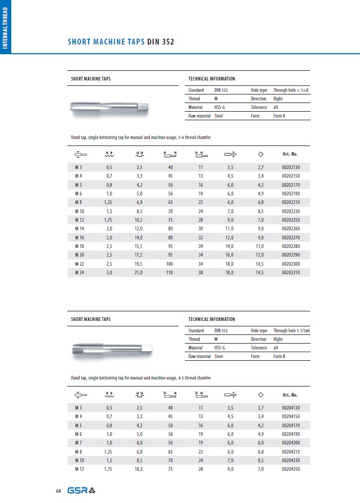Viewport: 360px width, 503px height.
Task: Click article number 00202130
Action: point(291,168)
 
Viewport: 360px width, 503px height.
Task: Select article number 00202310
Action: point(291,273)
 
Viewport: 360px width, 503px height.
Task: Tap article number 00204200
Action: point(291,443)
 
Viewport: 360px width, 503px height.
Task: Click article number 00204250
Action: point(291,469)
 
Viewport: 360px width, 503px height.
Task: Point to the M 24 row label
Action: point(78,273)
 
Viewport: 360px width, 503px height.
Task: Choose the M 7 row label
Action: point(78,443)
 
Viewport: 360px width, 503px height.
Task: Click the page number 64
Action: point(59,491)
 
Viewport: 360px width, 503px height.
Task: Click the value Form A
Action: point(279,115)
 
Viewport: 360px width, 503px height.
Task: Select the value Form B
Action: point(279,356)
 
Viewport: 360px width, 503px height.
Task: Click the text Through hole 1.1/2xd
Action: point(291,331)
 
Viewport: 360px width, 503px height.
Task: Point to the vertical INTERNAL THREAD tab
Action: point(5,27)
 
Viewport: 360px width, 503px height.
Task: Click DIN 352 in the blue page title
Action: point(160,42)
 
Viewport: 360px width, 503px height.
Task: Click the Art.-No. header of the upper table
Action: point(290,155)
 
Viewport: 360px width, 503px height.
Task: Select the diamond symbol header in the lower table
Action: point(261,395)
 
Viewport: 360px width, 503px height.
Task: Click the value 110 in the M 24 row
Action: point(169,273)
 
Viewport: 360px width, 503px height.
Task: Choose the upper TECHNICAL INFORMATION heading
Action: point(211,79)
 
